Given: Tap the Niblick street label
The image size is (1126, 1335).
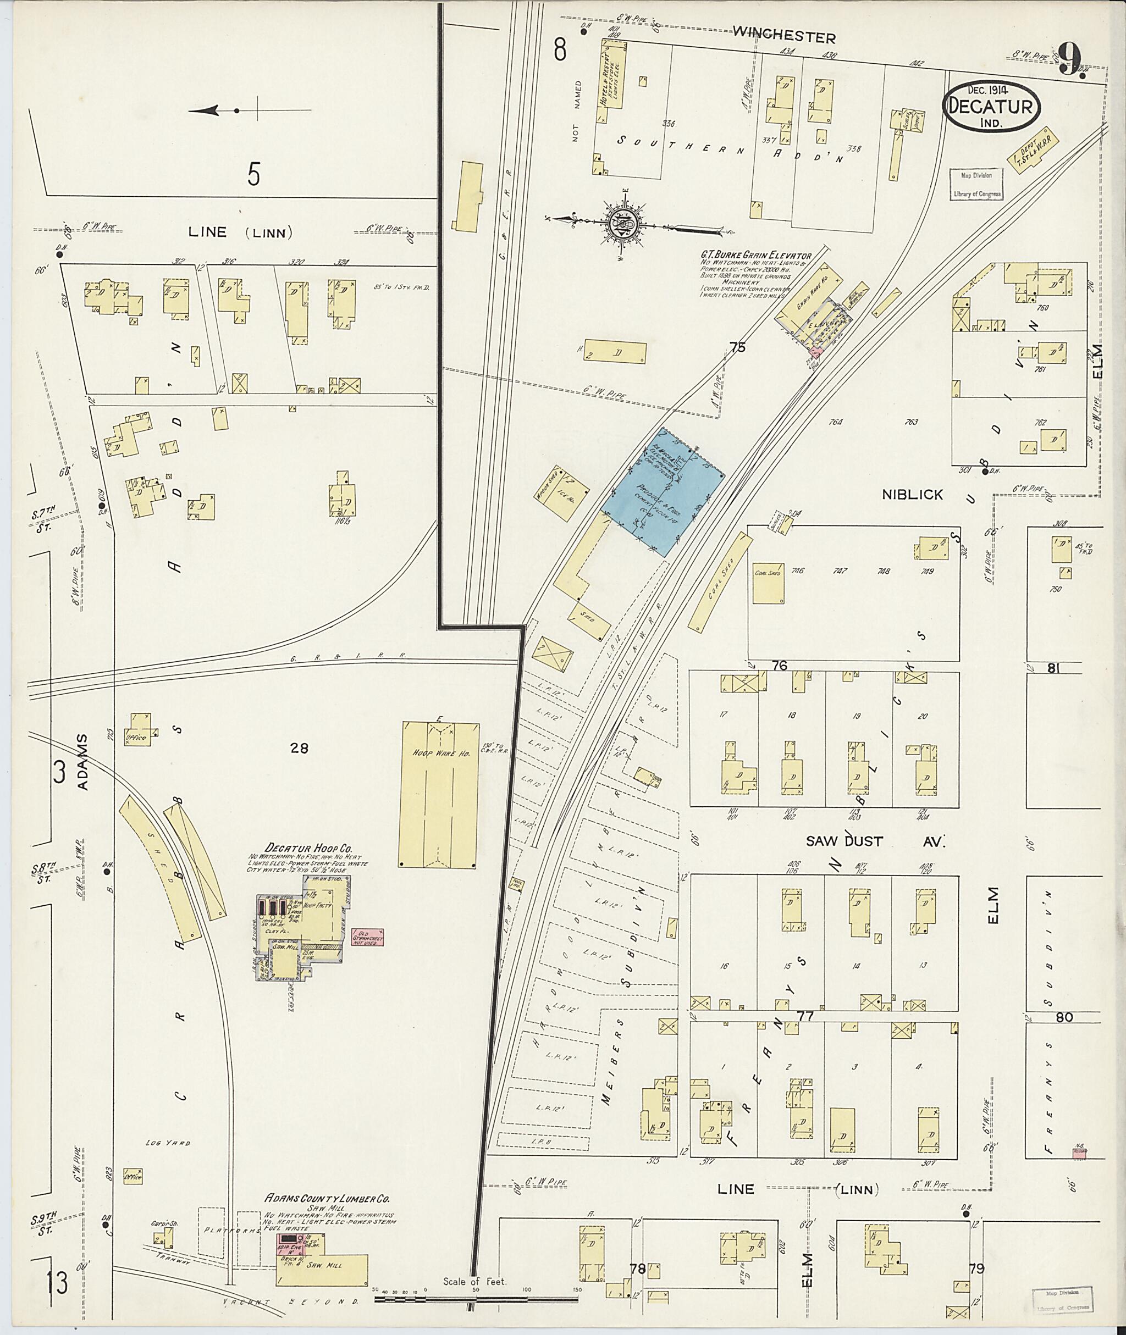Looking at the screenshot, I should coord(912,495).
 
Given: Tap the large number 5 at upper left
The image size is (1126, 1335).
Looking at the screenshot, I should coord(254,174).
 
